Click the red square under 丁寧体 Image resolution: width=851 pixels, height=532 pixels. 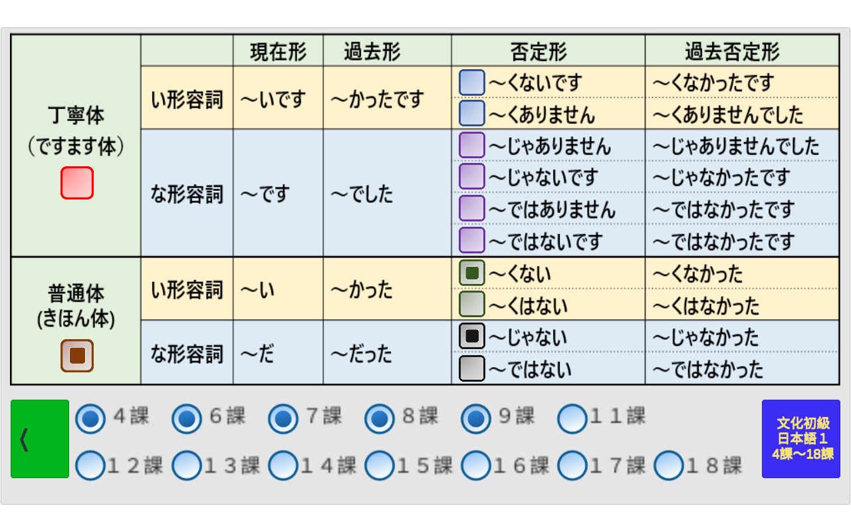point(77,183)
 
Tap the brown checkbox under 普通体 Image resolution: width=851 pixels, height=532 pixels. point(77,356)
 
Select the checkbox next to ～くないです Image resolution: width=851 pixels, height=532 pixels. point(472,82)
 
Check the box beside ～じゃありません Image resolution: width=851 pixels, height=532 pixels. point(472,145)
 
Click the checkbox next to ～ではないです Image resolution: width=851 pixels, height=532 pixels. point(472,240)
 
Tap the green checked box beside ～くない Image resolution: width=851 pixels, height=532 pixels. point(472,273)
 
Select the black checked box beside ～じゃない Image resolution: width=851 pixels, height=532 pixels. point(472,336)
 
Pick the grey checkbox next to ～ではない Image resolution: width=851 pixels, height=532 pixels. point(472,368)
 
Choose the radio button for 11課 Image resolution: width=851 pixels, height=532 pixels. point(572,418)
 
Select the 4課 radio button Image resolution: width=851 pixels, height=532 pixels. point(90,418)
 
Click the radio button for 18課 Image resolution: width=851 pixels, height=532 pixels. point(669,465)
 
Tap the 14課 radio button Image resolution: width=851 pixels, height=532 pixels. point(283,465)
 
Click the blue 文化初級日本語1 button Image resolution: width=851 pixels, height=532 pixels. point(801,438)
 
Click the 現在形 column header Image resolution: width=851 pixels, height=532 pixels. point(278,51)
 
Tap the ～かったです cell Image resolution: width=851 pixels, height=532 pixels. point(387,98)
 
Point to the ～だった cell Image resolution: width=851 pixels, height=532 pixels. point(387,352)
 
